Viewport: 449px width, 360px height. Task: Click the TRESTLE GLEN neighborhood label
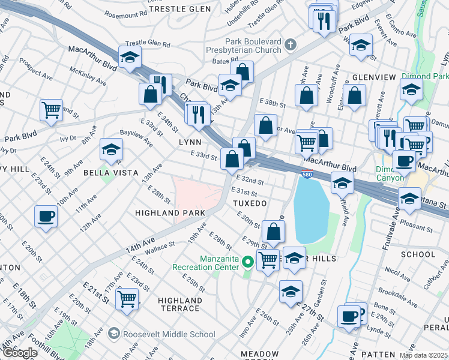(179, 9)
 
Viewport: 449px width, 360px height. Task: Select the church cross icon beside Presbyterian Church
(291, 44)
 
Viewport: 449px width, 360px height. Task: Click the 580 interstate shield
(307, 174)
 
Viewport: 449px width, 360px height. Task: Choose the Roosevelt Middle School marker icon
(113, 334)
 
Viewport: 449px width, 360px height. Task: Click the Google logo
(20, 353)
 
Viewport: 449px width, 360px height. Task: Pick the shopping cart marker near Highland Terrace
(127, 298)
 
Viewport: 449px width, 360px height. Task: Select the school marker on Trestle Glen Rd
(129, 57)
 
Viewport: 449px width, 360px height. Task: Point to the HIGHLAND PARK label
(170, 213)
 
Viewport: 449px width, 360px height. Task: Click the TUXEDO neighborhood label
(249, 204)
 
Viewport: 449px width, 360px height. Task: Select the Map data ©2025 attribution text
(423, 355)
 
